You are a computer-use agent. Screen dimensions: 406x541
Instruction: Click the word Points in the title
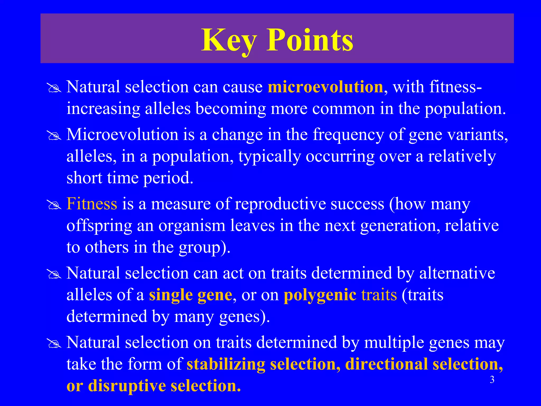pyautogui.click(x=310, y=40)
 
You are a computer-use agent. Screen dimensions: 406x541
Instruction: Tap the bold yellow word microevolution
pyautogui.click(x=325, y=87)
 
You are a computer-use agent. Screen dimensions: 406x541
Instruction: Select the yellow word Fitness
pyautogui.click(x=92, y=204)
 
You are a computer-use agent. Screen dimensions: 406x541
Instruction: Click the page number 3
pyautogui.click(x=492, y=380)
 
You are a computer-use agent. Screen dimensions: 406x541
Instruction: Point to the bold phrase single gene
pyautogui.click(x=190, y=295)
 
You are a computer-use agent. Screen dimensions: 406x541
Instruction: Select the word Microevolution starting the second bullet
pyautogui.click(x=122, y=135)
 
